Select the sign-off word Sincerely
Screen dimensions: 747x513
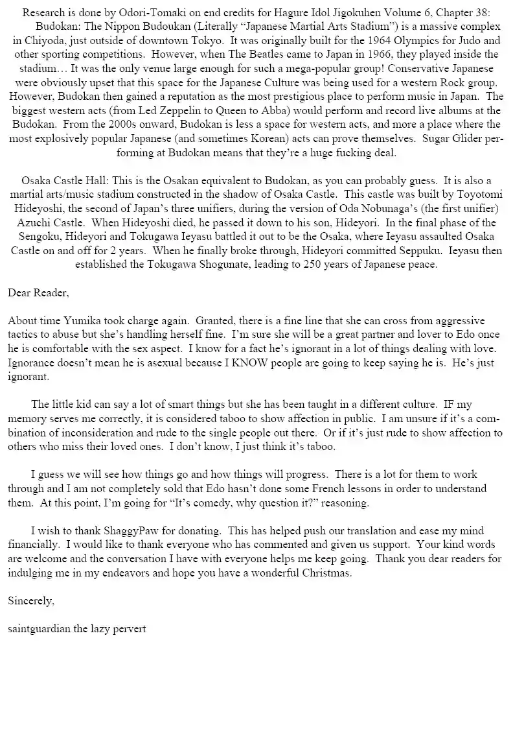click(x=31, y=600)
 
